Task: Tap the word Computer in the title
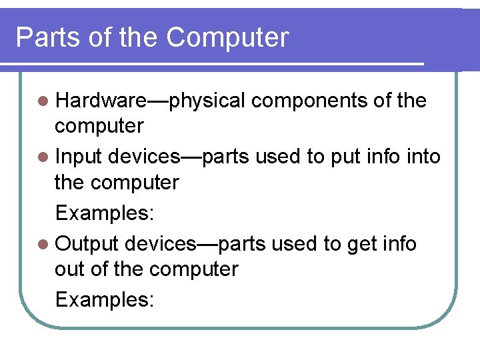point(227,37)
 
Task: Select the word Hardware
point(101,101)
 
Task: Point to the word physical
point(207,101)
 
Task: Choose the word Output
point(87,245)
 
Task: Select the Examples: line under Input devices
point(105,213)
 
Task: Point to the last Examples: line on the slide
point(105,300)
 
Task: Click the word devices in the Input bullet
point(143,157)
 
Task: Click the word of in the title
point(102,37)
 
